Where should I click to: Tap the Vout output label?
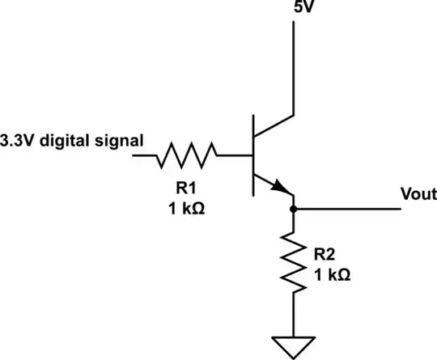[x=418, y=195]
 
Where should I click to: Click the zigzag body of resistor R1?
[x=188, y=153]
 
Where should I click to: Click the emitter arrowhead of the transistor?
[x=282, y=189]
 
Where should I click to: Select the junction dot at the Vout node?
[x=293, y=210]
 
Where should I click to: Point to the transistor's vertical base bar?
[x=252, y=153]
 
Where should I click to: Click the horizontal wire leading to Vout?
[x=348, y=210]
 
